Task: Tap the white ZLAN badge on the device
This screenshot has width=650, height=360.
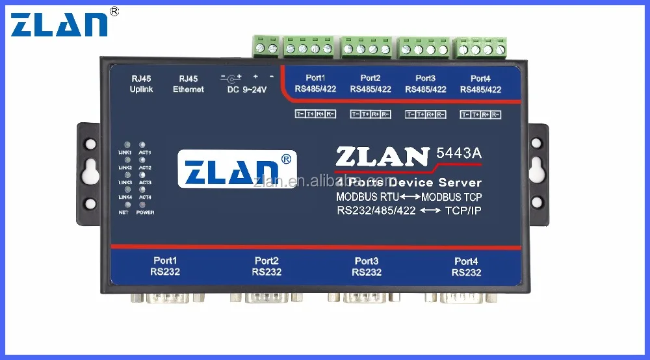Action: (x=237, y=170)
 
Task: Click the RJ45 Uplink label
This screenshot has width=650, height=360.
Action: (x=141, y=84)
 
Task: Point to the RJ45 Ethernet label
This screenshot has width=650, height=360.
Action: (x=188, y=84)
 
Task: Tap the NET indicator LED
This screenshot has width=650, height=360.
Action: (x=126, y=204)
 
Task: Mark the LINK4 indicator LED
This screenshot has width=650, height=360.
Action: (x=126, y=190)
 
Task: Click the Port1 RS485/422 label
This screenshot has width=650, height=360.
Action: (x=315, y=84)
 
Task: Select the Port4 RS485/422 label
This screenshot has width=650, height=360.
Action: (x=480, y=84)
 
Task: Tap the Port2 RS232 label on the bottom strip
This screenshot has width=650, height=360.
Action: (x=266, y=266)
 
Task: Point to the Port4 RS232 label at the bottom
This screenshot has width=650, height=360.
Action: (x=467, y=266)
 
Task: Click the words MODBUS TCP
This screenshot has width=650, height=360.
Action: (x=452, y=197)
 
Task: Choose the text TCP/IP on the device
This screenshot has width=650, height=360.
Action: (x=463, y=211)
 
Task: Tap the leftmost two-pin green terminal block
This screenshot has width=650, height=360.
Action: (x=266, y=47)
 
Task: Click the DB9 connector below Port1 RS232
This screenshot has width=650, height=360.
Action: (x=165, y=298)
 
